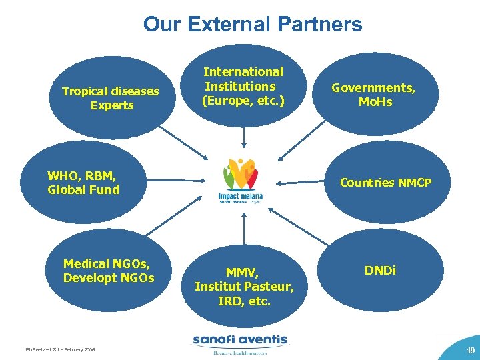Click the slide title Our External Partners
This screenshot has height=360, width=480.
point(253,25)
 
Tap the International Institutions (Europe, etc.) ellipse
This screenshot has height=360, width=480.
point(243,87)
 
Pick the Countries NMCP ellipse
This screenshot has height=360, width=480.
point(385,183)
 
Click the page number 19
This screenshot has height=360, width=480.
point(471,349)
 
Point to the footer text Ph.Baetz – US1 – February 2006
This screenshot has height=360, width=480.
point(60,349)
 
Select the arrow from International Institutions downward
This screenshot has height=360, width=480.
point(244,136)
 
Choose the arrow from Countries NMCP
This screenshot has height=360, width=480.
point(303,181)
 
